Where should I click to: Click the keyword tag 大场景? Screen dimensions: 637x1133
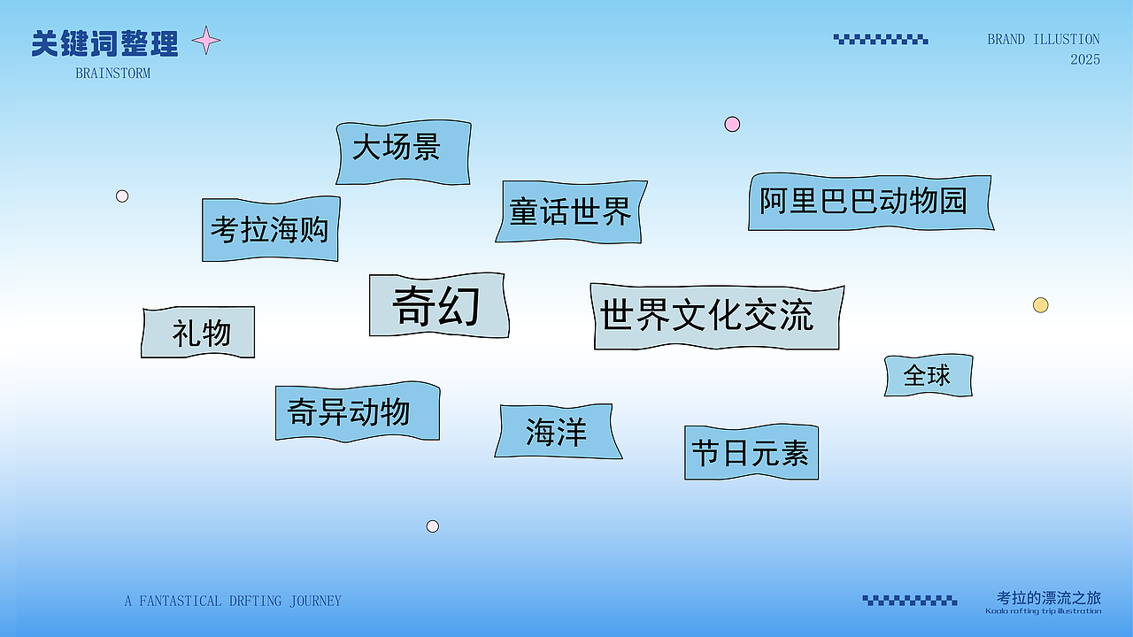coord(403,152)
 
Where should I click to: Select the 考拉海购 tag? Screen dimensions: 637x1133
coord(270,229)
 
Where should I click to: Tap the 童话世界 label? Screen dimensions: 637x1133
coord(570,211)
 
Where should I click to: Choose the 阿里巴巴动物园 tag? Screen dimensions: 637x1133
coord(869,202)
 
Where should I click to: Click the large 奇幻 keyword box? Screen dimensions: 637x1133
coord(438,305)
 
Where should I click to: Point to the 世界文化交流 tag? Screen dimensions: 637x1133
coord(715,316)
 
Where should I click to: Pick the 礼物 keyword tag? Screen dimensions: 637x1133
coord(198,333)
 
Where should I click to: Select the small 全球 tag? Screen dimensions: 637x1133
coord(928,375)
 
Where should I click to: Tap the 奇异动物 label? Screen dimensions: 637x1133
coord(357,411)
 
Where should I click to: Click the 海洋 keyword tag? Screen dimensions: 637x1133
coord(557,432)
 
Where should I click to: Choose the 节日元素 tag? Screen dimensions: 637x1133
coord(751,452)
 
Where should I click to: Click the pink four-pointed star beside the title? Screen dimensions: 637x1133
coord(206,40)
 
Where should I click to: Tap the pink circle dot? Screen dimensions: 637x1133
coord(732,124)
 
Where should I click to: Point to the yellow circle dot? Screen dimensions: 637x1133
coord(1041,305)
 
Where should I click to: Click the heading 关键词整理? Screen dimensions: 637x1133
coord(104,43)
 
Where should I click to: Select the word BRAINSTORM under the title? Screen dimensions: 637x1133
coord(113,73)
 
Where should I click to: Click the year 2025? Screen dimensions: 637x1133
coord(1085,59)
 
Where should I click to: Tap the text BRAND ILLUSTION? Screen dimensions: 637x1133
coord(1044,40)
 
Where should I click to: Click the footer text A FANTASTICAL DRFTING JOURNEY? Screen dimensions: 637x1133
coord(233,601)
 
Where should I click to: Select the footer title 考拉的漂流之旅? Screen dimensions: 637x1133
coord(1048,597)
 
